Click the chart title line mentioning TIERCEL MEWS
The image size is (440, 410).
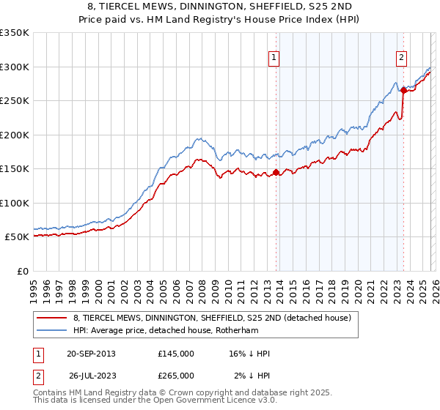(x=219, y=7)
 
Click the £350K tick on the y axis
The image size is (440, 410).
(x=15, y=33)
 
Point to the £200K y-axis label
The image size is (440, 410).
(x=15, y=135)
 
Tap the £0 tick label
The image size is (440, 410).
(x=22, y=271)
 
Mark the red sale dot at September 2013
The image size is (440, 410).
(x=276, y=173)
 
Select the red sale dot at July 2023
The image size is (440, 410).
(x=403, y=91)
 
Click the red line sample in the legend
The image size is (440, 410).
(x=51, y=318)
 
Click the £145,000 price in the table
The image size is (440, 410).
(x=176, y=354)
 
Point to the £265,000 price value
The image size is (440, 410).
(x=176, y=376)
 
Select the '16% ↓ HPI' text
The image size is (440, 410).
(x=249, y=354)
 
